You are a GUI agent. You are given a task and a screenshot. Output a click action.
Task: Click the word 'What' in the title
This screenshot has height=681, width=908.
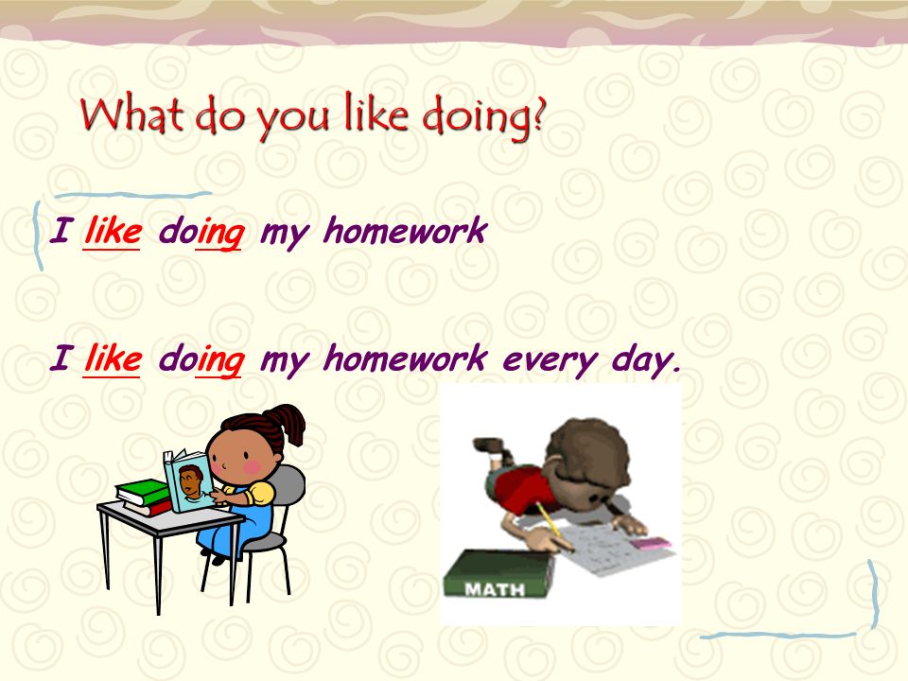click(133, 116)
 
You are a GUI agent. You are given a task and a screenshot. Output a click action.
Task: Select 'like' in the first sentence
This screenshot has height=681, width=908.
click(113, 231)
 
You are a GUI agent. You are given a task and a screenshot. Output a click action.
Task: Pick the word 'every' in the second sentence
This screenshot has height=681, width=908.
click(547, 359)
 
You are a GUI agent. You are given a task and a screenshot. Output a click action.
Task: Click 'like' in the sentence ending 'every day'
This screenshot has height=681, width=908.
click(113, 358)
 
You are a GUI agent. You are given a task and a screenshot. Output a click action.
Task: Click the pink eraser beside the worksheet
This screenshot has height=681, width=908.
click(654, 545)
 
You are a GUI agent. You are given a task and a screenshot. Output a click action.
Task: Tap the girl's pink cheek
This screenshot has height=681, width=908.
click(253, 466)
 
